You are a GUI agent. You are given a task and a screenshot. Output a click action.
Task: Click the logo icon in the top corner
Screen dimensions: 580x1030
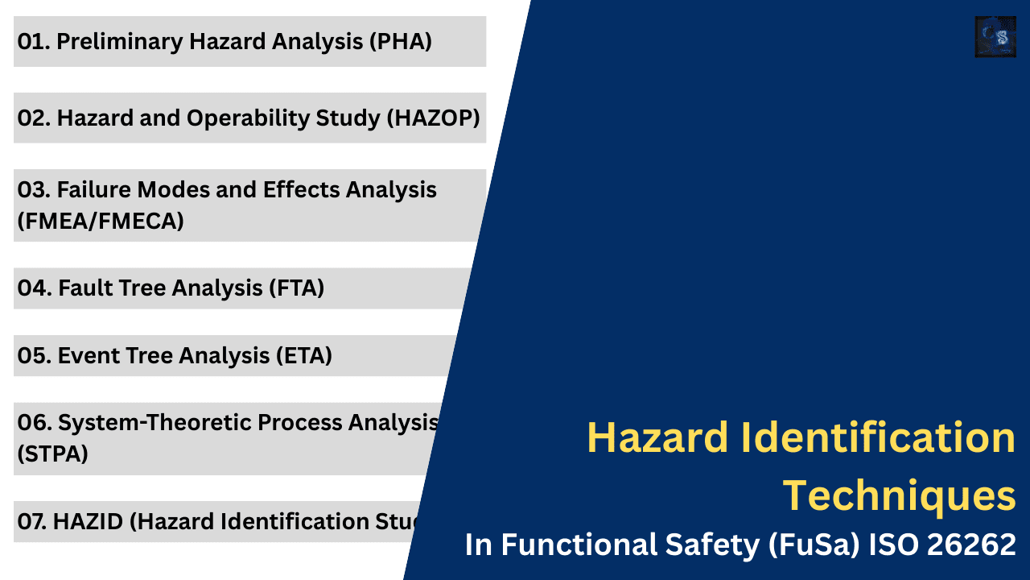point(995,37)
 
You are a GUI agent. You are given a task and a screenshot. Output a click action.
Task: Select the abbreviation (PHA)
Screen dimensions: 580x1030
point(400,42)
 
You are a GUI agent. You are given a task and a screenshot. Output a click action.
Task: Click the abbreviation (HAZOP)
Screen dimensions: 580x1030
point(433,118)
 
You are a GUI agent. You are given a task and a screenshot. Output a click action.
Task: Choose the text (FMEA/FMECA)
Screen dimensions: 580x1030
point(101,221)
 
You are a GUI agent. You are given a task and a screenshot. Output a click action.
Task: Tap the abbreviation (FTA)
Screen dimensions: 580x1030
point(298,288)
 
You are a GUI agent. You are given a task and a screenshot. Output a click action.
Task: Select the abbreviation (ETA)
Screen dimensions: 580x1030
point(305,355)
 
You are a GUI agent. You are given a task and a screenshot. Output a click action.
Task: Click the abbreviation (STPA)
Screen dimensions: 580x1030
point(52,454)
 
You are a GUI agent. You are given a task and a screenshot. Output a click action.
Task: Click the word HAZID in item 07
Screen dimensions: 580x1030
point(88,522)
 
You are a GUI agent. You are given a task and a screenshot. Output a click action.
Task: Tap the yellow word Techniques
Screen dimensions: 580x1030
point(899,495)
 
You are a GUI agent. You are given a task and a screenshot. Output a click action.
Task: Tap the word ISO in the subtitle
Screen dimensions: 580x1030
point(889,546)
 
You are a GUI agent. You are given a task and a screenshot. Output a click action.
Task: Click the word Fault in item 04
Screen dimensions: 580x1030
point(84,288)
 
